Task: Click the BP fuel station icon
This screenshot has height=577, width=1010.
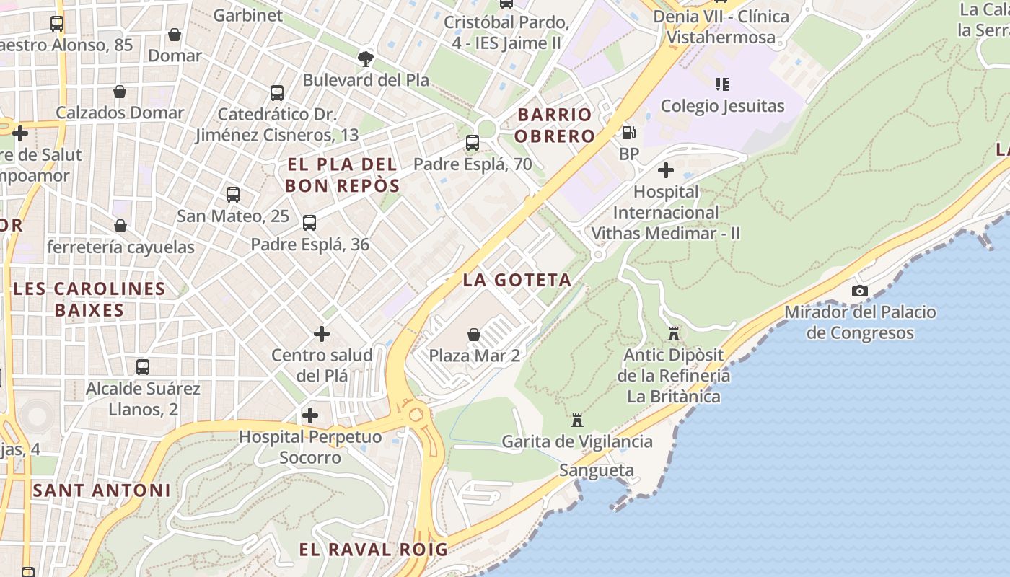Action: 628,133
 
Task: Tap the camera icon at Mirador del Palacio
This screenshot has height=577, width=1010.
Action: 860,291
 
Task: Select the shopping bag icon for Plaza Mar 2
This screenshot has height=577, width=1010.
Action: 474,335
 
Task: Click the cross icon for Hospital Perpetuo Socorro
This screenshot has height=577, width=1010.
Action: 310,415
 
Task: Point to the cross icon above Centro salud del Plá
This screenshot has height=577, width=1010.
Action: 322,334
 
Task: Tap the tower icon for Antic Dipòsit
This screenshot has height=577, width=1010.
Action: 674,334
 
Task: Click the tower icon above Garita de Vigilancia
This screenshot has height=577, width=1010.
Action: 577,420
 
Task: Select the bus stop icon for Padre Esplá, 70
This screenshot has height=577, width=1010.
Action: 473,143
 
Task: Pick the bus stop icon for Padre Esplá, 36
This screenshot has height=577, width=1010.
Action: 309,223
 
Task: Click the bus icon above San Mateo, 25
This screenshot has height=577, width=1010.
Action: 232,194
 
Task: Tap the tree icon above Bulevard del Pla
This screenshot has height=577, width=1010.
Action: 366,58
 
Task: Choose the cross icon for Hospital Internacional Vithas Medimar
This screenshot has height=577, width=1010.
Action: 666,170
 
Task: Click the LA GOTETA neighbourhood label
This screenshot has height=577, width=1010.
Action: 517,280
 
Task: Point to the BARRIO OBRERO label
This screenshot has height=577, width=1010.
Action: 555,125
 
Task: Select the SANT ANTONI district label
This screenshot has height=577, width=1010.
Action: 102,490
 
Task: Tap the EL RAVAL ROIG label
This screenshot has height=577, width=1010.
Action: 374,549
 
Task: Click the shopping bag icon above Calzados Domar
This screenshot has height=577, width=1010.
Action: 120,92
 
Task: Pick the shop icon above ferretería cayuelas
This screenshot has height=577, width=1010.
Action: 120,226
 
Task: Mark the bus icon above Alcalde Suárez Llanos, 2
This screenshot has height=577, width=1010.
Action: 143,367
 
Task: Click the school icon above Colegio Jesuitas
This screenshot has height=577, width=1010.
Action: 722,84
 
